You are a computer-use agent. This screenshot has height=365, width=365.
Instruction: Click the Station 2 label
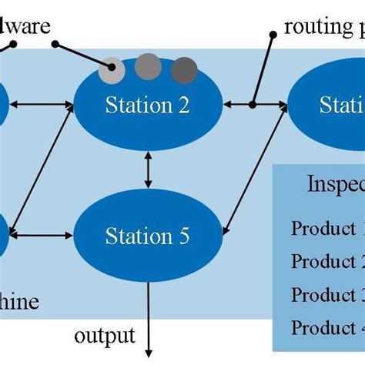(148, 105)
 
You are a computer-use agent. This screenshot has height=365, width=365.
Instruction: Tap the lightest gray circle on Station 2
(112, 70)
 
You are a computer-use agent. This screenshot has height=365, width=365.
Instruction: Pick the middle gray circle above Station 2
(148, 67)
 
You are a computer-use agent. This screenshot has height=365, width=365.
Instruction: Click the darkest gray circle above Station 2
(184, 69)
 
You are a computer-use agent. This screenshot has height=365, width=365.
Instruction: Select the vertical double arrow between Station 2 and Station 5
(148, 168)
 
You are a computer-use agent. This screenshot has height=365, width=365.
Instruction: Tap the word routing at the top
(315, 28)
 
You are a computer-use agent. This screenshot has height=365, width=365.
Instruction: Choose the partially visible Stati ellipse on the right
(327, 105)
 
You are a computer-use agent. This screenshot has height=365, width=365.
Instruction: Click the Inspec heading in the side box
(335, 185)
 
